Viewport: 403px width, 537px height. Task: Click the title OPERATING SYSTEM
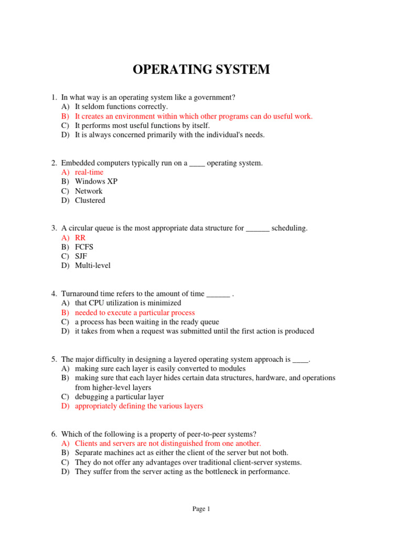coord(201,69)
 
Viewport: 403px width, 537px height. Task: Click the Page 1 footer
coord(201,509)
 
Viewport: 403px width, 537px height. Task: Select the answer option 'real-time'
coord(89,172)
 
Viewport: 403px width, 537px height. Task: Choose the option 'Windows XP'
coord(96,181)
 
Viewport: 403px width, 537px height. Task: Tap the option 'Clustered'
coord(90,200)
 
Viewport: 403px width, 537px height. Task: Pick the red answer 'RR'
coord(80,238)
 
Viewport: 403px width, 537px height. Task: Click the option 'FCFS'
coord(84,246)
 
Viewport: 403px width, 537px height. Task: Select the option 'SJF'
coord(81,256)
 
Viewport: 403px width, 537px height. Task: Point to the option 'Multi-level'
coord(93,265)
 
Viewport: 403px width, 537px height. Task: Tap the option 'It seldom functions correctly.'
coord(121,106)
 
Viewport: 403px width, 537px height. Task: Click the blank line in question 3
coord(258,229)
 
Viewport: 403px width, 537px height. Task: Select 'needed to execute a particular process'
coord(135,313)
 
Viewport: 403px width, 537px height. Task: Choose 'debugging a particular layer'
coord(119,396)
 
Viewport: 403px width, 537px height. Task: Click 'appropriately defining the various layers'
coord(139,406)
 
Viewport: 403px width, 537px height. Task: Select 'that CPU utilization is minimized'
coord(128,303)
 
